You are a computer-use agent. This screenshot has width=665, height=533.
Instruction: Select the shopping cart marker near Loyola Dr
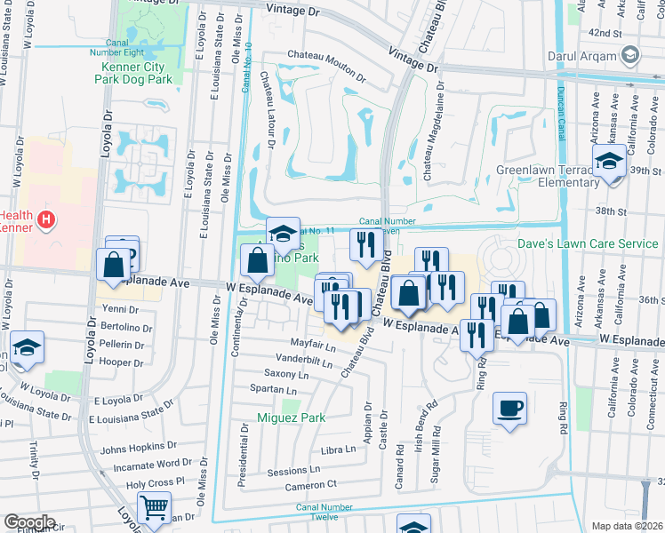pyautogui.click(x=155, y=509)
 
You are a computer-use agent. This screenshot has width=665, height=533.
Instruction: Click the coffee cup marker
pyautogui.click(x=510, y=409)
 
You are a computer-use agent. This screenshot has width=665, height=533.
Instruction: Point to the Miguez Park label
pyautogui.click(x=289, y=418)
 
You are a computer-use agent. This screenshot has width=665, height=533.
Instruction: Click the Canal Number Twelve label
pyautogui.click(x=330, y=512)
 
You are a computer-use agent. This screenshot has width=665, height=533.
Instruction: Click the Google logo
pyautogui.click(x=28, y=522)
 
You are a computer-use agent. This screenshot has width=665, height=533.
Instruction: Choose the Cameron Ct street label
pyautogui.click(x=310, y=485)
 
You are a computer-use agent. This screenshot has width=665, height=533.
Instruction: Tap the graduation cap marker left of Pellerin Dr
pyautogui.click(x=27, y=347)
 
